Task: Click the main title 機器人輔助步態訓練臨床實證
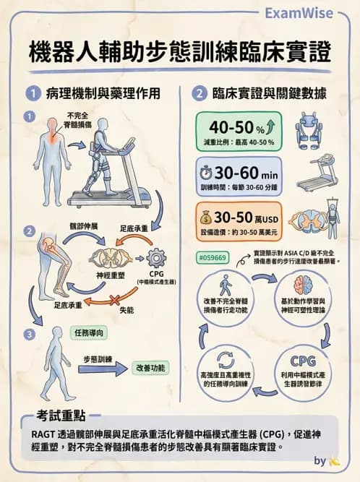[180, 53]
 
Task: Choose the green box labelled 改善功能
[151, 368]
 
